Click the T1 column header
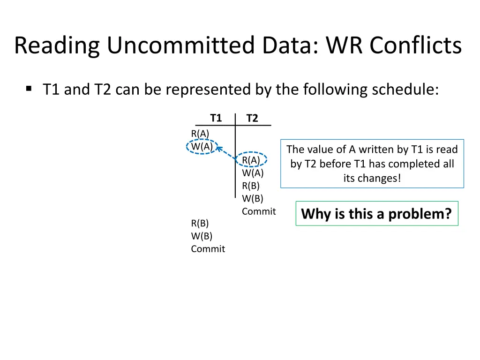pos(216,118)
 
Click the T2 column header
pos(252,118)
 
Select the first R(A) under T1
pos(200,134)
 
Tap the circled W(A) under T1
pos(202,147)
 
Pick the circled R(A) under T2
pos(251,160)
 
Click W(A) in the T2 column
pos(253,173)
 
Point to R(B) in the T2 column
pos(251,186)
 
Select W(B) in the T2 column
pos(253,198)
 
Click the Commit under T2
pos(259,211)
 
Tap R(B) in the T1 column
pos(200,223)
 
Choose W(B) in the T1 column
pos(202,236)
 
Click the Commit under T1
pos(208,249)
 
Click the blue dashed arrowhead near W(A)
pos(219,149)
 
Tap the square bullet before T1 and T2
pos(29,88)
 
